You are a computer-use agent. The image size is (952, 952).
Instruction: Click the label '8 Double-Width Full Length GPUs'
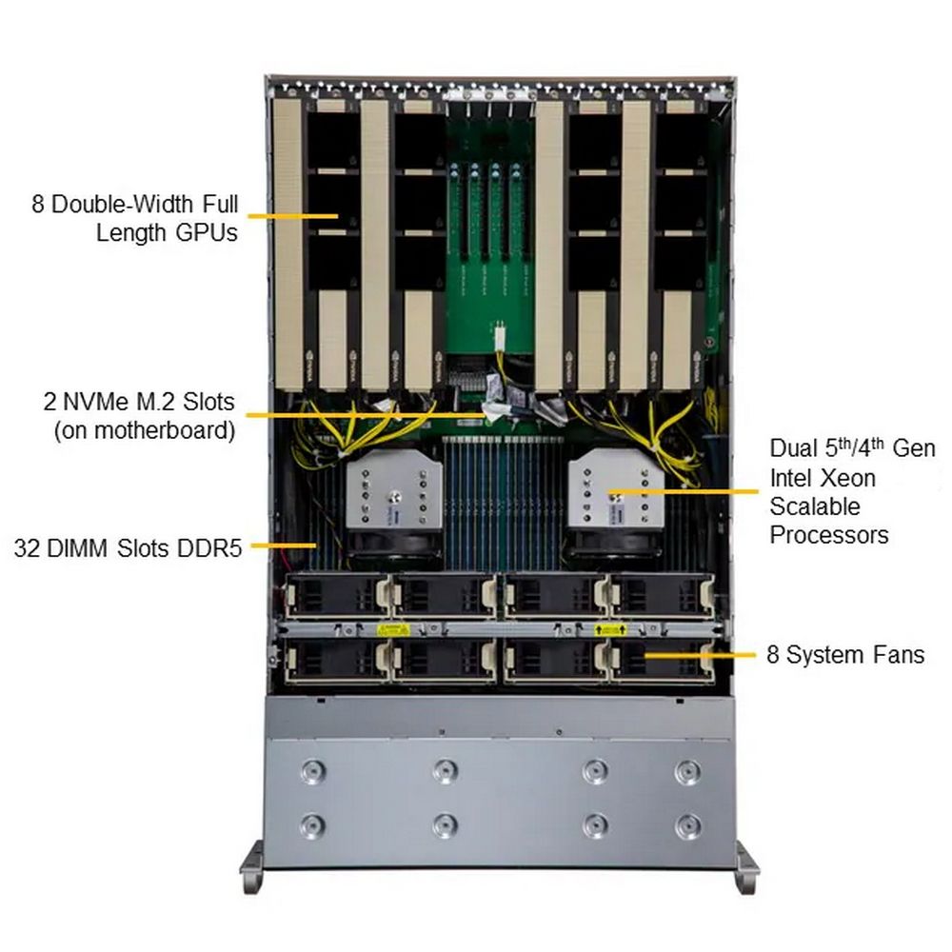(x=134, y=218)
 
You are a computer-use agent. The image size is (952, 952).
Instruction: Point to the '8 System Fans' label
(x=845, y=655)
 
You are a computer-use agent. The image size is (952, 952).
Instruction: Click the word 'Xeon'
(x=822, y=477)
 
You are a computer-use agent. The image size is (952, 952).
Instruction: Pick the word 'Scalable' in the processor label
(x=814, y=506)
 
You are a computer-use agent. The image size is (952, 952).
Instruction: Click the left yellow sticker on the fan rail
(x=393, y=628)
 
